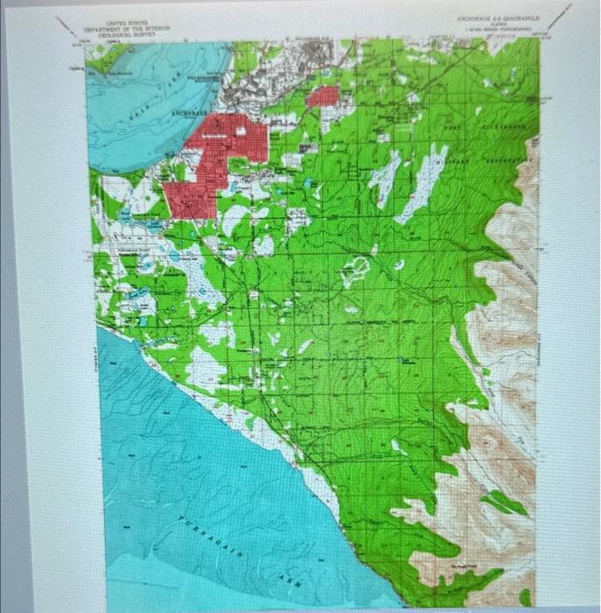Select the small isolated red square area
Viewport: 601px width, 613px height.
323,96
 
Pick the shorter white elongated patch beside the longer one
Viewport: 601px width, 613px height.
384,180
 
